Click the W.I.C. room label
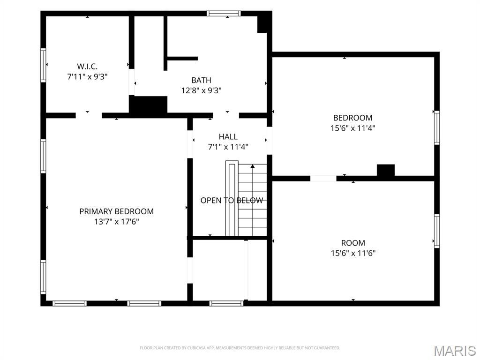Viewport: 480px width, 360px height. pyautogui.click(x=87, y=66)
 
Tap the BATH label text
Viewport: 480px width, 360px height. pyautogui.click(x=201, y=80)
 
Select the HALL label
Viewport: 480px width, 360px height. pyautogui.click(x=228, y=136)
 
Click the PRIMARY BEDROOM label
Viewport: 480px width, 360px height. pyautogui.click(x=116, y=211)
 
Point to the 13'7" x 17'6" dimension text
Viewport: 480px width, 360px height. pyautogui.click(x=116, y=222)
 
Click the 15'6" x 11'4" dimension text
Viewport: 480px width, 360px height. pyautogui.click(x=352, y=128)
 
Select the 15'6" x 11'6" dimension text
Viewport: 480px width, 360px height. pyautogui.click(x=353, y=253)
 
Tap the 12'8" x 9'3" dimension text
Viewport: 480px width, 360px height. pyautogui.click(x=201, y=90)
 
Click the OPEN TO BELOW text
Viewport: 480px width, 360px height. pyautogui.click(x=232, y=200)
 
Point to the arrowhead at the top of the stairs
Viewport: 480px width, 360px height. pyautogui.click(x=253, y=166)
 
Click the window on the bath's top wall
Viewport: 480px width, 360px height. pyautogui.click(x=224, y=14)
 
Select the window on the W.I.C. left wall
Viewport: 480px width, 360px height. pyautogui.click(x=43, y=65)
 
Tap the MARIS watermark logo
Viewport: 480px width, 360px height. pyautogui.click(x=455, y=351)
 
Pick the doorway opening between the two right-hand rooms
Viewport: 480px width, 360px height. pyautogui.click(x=323, y=179)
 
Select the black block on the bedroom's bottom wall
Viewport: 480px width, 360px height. pyautogui.click(x=386, y=170)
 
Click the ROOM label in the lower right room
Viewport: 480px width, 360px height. pyautogui.click(x=353, y=243)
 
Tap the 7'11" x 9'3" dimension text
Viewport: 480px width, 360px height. pyautogui.click(x=87, y=76)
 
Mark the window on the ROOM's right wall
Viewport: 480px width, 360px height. pyautogui.click(x=437, y=231)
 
